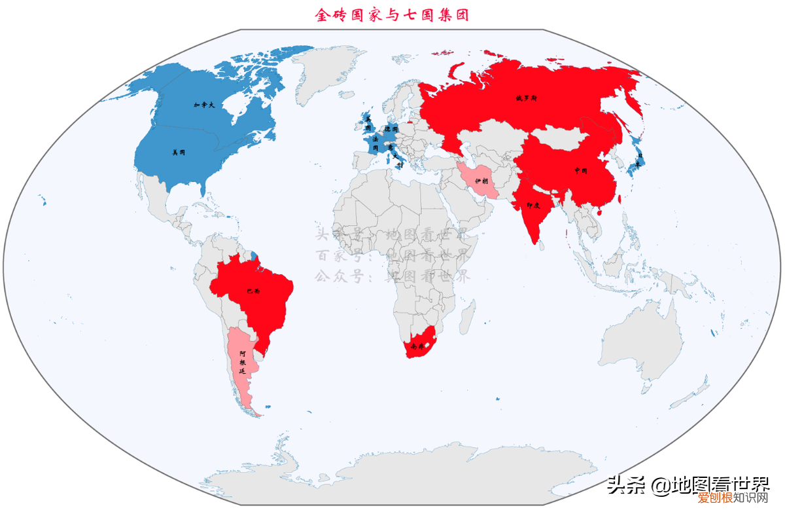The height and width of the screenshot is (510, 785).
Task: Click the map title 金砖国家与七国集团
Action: pos(392,14)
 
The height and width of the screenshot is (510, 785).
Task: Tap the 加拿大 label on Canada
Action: pos(204,105)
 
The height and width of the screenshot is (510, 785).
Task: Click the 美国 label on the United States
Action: pos(178,153)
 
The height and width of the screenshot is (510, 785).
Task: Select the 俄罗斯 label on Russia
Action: pos(526,98)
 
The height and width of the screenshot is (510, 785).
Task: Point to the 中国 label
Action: pos(580,170)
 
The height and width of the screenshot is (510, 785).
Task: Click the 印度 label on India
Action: pos(533,205)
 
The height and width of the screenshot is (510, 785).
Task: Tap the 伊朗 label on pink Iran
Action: pos(481,181)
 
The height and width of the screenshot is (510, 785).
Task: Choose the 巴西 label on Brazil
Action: pos(253,291)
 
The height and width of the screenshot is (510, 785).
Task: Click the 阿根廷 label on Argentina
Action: pos(242,362)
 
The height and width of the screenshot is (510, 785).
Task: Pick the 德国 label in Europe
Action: pos(391,130)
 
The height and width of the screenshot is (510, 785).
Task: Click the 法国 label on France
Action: pos(375,143)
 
